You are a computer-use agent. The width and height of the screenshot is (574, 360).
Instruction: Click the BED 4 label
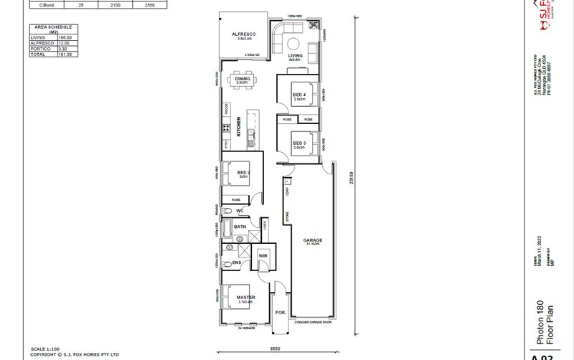tap(298, 95)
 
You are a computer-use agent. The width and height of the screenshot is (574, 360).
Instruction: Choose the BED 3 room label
tap(298, 143)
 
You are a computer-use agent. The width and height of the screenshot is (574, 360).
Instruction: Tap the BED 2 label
tap(243, 173)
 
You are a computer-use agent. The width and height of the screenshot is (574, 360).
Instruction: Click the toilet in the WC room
tap(226, 211)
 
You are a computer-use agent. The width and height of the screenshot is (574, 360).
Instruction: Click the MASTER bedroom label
tap(245, 295)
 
